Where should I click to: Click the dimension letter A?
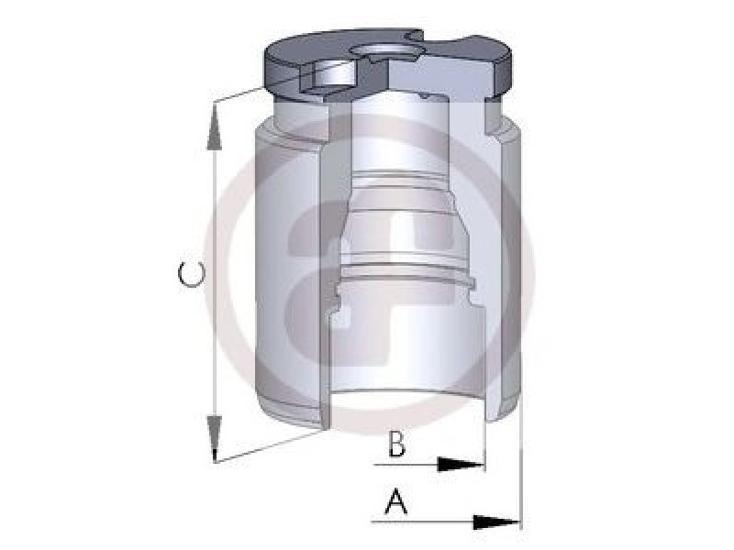pos(396,500)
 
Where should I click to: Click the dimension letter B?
pos(397,444)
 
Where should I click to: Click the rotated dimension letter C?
pos(192,274)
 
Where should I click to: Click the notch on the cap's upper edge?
pos(416,36)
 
